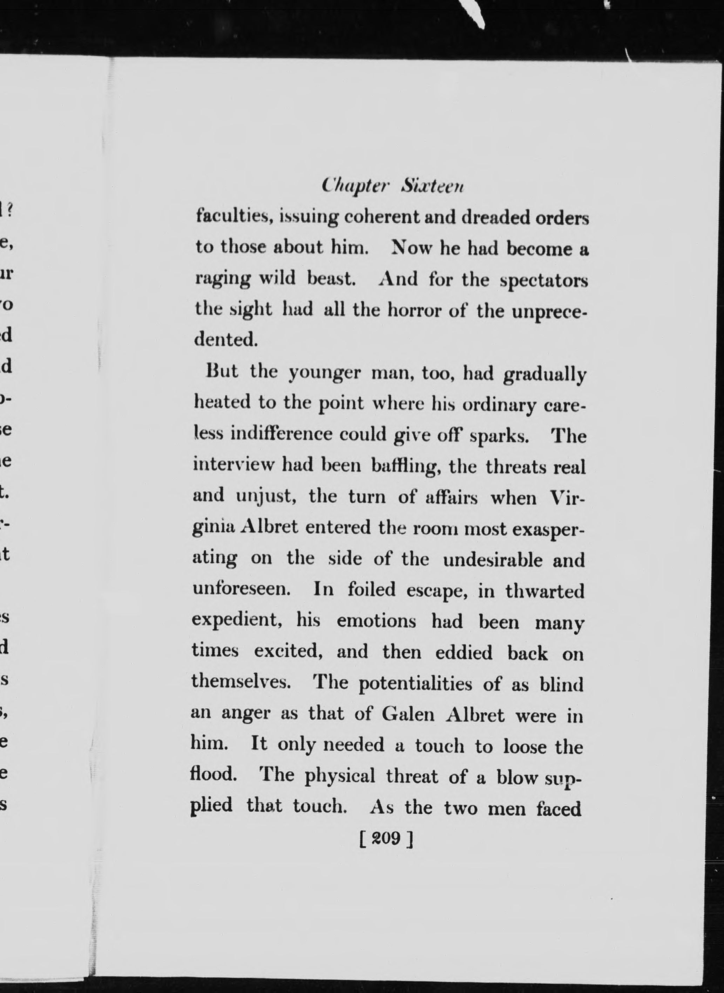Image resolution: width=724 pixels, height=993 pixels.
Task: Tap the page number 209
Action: pos(386,838)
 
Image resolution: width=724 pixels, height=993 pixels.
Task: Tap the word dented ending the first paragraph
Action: pos(225,340)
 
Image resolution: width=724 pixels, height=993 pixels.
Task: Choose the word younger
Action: pos(325,373)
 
